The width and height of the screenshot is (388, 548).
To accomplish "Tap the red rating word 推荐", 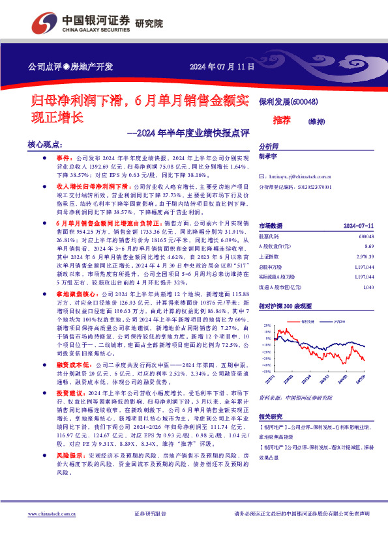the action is [281, 121].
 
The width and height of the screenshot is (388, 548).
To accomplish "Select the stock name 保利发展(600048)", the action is [288, 102].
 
